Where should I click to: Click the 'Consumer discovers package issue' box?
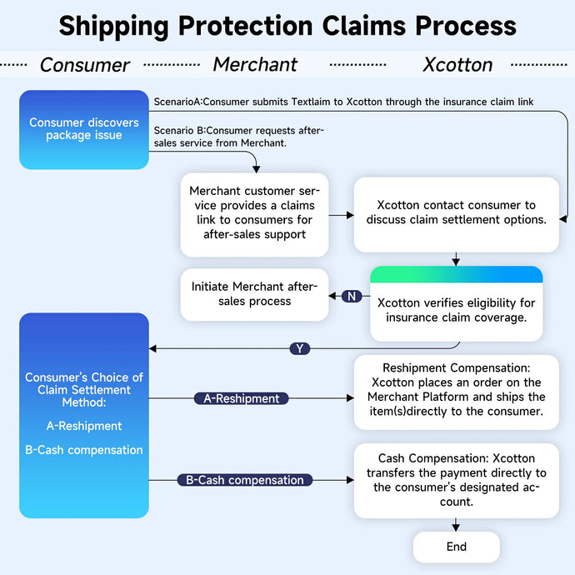click(84, 129)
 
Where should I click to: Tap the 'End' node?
click(456, 547)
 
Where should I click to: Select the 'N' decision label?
click(352, 296)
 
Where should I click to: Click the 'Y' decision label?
click(300, 348)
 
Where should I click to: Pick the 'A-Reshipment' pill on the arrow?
click(241, 398)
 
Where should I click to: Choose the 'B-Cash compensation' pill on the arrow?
click(245, 480)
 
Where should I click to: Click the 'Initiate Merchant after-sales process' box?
click(254, 293)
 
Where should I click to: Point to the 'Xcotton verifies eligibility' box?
click(456, 304)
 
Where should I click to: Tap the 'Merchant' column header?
click(255, 65)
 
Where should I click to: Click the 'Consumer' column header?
click(85, 65)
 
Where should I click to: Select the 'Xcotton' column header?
click(457, 65)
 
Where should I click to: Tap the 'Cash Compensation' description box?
click(456, 480)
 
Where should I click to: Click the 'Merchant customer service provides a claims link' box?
click(254, 212)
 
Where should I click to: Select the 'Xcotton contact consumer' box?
click(456, 212)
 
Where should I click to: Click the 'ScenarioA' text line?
click(343, 102)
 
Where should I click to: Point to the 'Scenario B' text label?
click(239, 136)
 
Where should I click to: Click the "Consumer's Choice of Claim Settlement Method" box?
click(84, 414)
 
